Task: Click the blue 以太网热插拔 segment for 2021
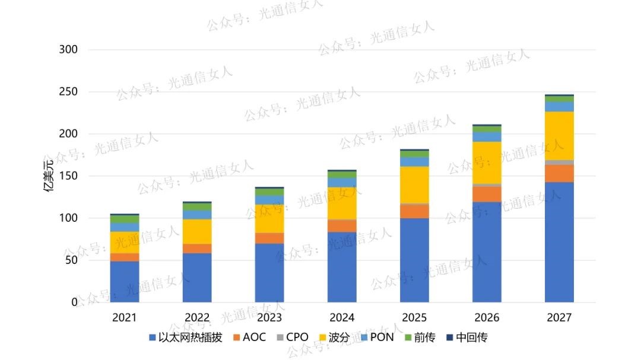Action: click(x=125, y=282)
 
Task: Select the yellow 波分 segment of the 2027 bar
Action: click(x=559, y=136)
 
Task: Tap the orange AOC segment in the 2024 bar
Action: click(x=342, y=226)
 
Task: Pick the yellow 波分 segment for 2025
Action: click(x=414, y=185)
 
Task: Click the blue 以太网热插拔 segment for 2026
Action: click(x=487, y=252)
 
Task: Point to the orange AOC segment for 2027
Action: click(x=559, y=173)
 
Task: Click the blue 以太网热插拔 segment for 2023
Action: click(x=269, y=273)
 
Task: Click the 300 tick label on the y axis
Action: click(x=68, y=50)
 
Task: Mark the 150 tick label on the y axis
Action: click(x=68, y=176)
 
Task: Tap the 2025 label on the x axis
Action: click(x=414, y=318)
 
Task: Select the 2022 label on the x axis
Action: click(x=197, y=318)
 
